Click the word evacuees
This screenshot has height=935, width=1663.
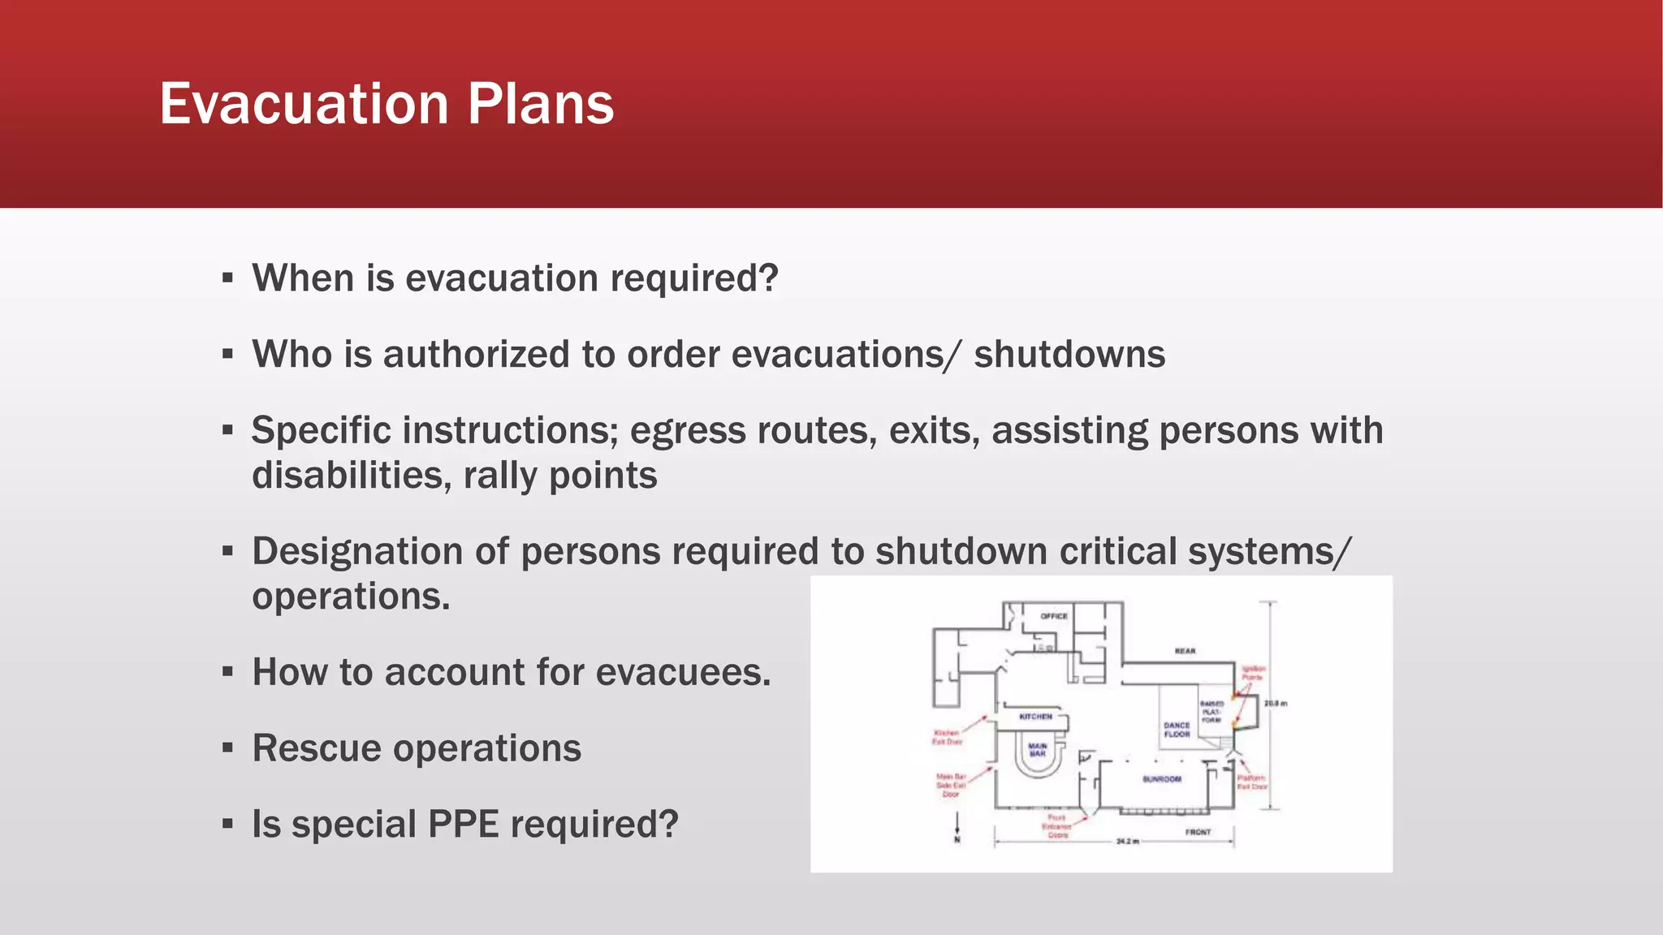pos(683,673)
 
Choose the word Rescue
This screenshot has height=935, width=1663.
pos(317,748)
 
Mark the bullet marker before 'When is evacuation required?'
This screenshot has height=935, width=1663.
pos(227,278)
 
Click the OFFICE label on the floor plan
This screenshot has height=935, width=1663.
pos(1054,616)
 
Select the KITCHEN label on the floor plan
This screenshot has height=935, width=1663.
pos(1035,717)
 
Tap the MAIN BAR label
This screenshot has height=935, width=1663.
pos(1038,749)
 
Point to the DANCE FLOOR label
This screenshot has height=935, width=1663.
pos(1177,730)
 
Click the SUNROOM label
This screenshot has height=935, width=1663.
pos(1162,779)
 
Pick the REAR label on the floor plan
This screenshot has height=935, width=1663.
pos(1185,651)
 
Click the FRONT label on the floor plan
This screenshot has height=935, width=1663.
pos(1198,832)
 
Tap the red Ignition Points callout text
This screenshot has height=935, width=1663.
pos(1253,673)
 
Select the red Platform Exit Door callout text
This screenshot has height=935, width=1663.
pos(1251,782)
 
